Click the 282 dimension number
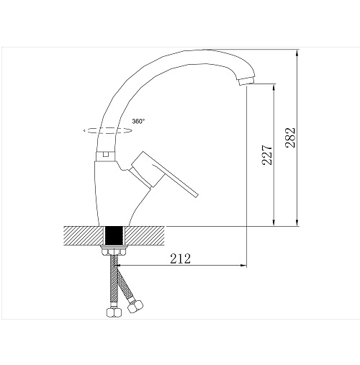pos(290,138)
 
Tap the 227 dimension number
pos(267,155)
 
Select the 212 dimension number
pos(180,258)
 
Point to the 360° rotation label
pos(138,122)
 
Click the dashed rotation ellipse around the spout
pos(107,131)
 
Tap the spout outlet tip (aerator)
pos(246,81)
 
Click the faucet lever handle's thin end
pos(196,194)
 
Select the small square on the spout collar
pos(106,153)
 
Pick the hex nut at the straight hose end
pos(114,312)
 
